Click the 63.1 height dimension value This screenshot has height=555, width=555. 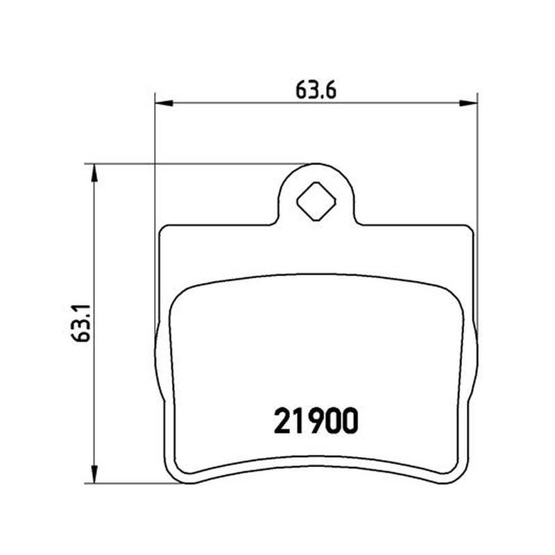(x=81, y=323)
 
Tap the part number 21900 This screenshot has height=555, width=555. (x=316, y=421)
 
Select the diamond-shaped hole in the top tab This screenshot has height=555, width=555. (x=316, y=201)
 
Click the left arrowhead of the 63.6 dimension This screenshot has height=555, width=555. (x=164, y=103)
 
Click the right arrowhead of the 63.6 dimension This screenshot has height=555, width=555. (x=468, y=103)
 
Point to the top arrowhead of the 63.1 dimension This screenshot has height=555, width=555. (x=94, y=173)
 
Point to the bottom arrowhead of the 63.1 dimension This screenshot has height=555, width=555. (x=94, y=475)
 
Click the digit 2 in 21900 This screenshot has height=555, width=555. (x=282, y=421)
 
